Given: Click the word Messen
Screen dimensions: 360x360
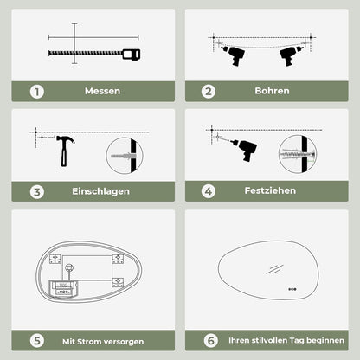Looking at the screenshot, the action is tap(102, 91).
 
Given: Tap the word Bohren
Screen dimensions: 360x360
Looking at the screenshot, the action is tap(272, 91).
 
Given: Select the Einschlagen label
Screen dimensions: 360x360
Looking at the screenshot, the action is tap(100, 191).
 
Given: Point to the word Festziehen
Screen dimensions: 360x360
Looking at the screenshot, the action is tap(270, 190).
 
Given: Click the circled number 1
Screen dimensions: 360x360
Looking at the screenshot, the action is tap(37, 92).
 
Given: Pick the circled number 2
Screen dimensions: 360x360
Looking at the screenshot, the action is tap(209, 92).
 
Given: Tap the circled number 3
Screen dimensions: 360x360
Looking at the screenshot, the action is tap(37, 192).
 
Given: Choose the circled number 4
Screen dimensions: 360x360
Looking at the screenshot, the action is tap(209, 191).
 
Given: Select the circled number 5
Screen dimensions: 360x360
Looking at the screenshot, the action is tap(37, 341).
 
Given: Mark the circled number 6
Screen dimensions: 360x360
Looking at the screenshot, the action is tap(211, 341).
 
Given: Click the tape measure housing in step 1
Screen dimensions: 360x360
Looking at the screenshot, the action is tap(132, 55).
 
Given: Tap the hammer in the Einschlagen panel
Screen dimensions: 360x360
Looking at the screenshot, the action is tap(65, 151).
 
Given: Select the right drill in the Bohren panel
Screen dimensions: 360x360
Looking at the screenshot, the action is tap(291, 55).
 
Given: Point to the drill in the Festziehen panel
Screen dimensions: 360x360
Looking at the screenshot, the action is tap(245, 150).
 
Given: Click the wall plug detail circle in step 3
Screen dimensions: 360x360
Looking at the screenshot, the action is tap(125, 156).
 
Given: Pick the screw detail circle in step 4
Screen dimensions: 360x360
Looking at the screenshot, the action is tap(298, 154).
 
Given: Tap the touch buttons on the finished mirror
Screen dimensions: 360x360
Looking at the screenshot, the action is tap(292, 289).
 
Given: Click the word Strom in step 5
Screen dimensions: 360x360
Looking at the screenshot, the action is tap(87, 342).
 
